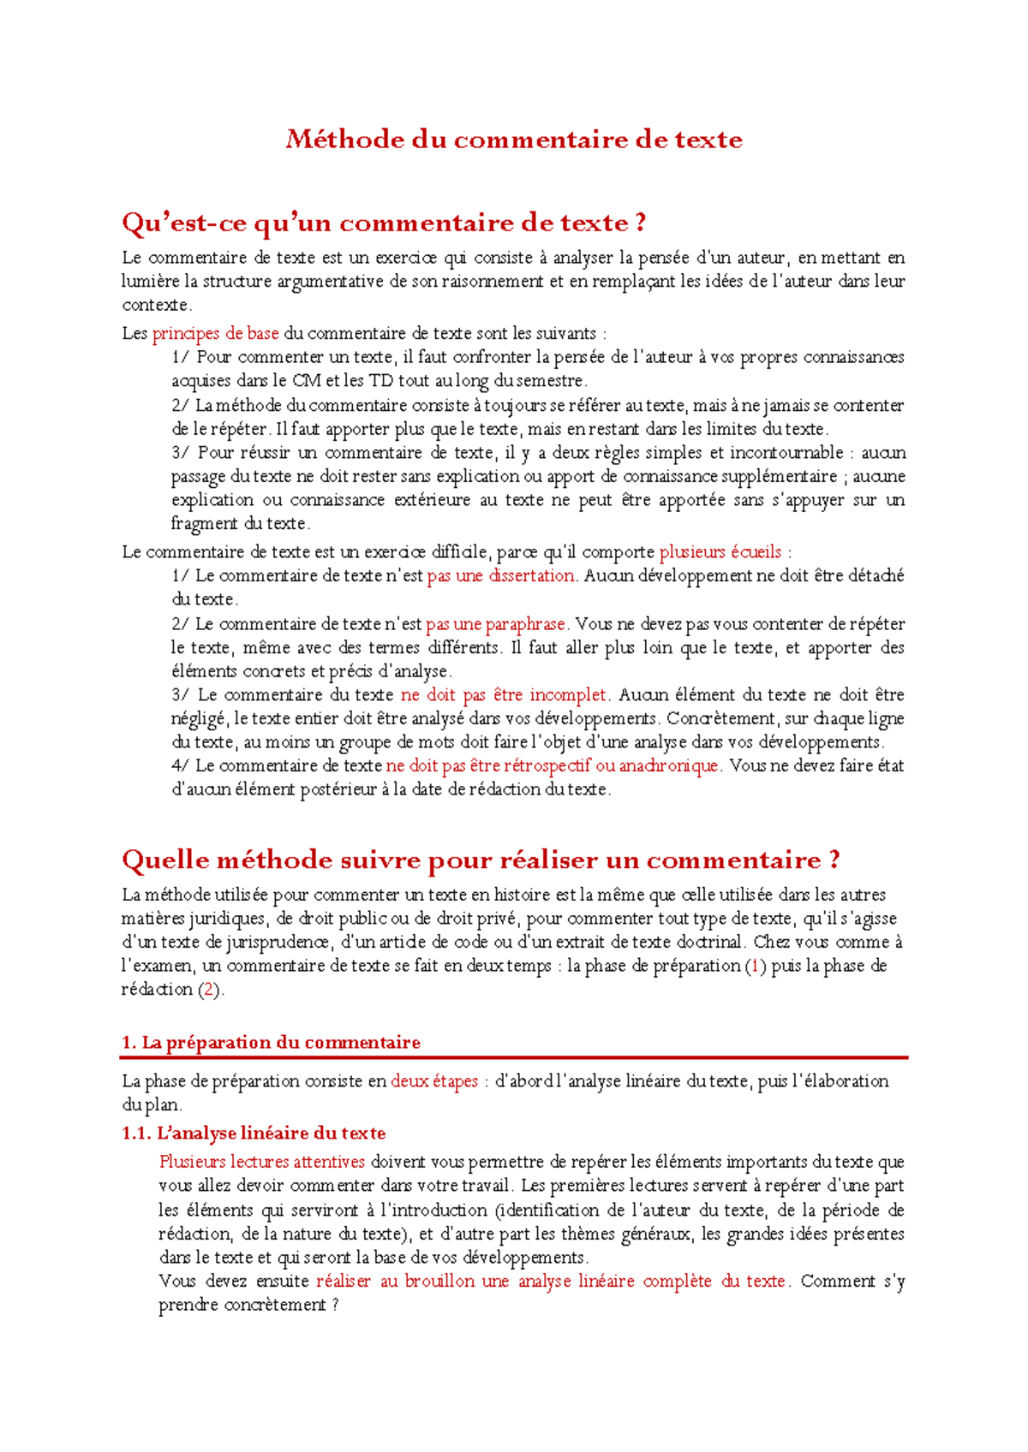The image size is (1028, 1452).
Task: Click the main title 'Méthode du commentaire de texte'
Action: coord(514,139)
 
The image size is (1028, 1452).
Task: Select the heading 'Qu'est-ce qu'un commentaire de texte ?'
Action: coord(384,223)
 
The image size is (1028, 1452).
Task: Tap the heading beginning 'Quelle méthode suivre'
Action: coord(481,860)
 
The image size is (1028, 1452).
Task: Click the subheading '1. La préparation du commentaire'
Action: coord(271,1043)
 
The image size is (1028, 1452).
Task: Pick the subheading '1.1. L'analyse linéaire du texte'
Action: coord(254,1134)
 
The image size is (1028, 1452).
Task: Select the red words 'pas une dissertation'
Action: coord(500,576)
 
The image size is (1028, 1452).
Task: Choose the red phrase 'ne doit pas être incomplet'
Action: coord(504,695)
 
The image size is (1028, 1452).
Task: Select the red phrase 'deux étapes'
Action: coord(434,1081)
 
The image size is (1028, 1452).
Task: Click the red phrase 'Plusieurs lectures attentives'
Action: coord(262,1163)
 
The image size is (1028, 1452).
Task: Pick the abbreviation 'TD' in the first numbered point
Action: coord(380,381)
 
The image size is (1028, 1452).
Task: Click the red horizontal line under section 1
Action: coord(514,1058)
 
